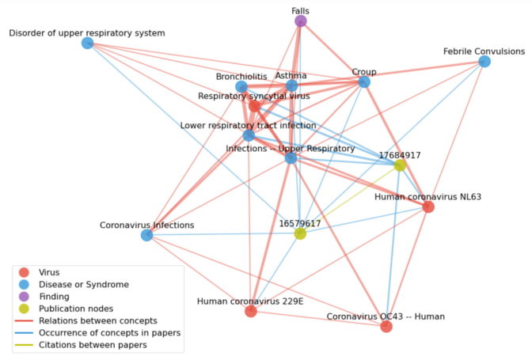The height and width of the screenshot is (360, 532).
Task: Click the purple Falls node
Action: click(x=301, y=21)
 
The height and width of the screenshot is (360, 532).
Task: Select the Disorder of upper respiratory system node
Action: click(x=88, y=43)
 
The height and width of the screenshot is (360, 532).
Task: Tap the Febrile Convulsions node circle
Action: click(x=484, y=61)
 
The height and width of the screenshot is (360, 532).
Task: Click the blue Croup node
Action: click(x=364, y=81)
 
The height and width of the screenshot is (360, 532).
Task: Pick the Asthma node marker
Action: click(x=291, y=85)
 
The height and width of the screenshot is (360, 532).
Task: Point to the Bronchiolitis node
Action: click(x=241, y=87)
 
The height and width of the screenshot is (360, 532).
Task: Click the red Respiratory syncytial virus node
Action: click(x=254, y=105)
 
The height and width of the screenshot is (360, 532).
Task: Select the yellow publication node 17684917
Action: click(x=400, y=165)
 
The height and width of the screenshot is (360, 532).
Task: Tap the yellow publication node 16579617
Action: click(x=300, y=233)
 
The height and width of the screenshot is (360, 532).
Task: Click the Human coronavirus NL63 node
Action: click(x=428, y=207)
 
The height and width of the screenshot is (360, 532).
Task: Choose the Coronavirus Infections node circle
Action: click(x=146, y=235)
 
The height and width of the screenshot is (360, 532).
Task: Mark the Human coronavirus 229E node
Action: click(x=251, y=311)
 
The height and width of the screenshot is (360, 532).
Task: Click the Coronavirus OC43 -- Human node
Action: click(x=386, y=326)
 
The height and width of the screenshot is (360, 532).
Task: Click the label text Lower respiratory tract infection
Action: click(x=248, y=125)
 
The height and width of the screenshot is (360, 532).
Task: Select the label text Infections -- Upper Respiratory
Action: click(x=291, y=148)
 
